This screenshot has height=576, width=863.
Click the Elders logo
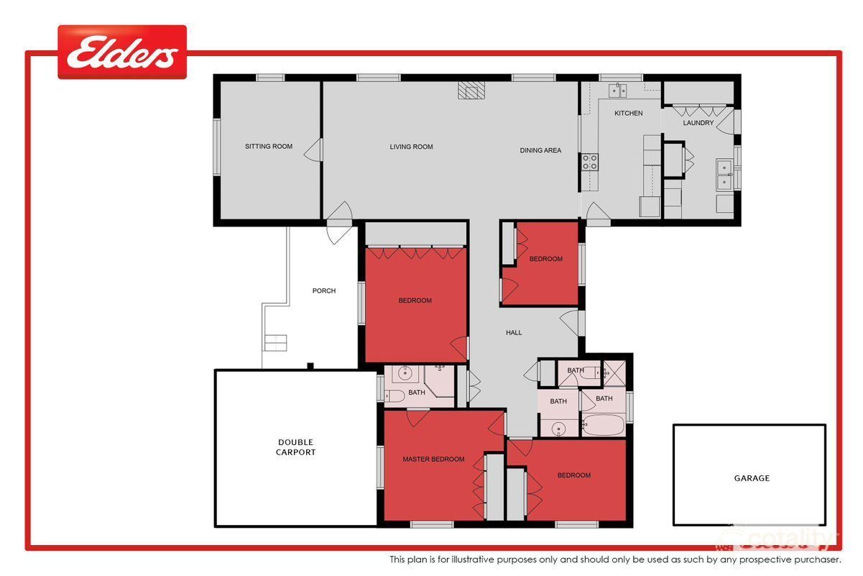(122, 52)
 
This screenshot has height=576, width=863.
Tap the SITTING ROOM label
(269, 147)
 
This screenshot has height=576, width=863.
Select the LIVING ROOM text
(411, 147)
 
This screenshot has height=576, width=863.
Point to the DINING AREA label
(540, 150)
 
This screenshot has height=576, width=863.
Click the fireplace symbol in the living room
(472, 90)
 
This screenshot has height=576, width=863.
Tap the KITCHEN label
(628, 114)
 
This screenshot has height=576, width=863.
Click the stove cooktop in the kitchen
(589, 162)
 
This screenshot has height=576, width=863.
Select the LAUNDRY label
(698, 123)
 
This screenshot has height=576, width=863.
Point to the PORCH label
(324, 291)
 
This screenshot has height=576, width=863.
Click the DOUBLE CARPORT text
(296, 447)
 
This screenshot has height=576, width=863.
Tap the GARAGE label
(752, 478)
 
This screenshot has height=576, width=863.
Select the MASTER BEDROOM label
(433, 460)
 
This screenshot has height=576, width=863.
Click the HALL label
(514, 333)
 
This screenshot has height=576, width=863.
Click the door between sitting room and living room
(313, 150)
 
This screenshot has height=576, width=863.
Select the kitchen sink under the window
(617, 90)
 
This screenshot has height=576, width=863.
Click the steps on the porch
(275, 342)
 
